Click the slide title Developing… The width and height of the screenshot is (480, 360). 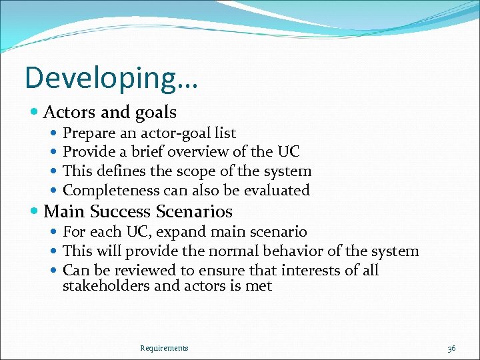click(111, 78)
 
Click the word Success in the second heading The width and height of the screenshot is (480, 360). click(121, 212)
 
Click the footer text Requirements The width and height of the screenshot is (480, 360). click(164, 347)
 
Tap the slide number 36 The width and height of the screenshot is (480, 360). click(451, 348)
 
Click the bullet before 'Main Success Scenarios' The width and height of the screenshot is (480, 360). click(35, 212)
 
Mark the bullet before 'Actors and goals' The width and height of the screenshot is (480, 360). click(35, 112)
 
